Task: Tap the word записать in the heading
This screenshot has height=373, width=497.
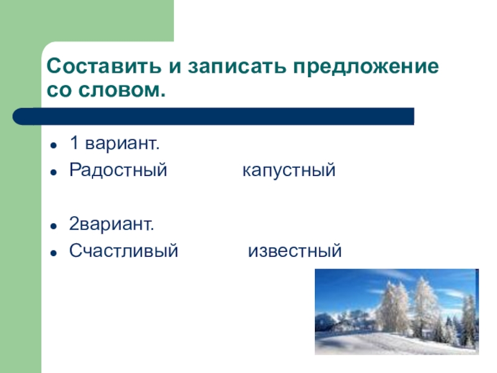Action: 214,67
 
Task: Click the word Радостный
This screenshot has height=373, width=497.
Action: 118,170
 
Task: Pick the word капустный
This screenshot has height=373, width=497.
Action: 289,170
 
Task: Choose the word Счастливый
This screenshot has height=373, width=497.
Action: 124,251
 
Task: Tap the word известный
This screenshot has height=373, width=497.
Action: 295,251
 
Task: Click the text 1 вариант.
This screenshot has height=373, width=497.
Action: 114,144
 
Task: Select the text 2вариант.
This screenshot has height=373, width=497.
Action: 112,224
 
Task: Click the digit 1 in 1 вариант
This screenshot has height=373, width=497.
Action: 73,144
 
